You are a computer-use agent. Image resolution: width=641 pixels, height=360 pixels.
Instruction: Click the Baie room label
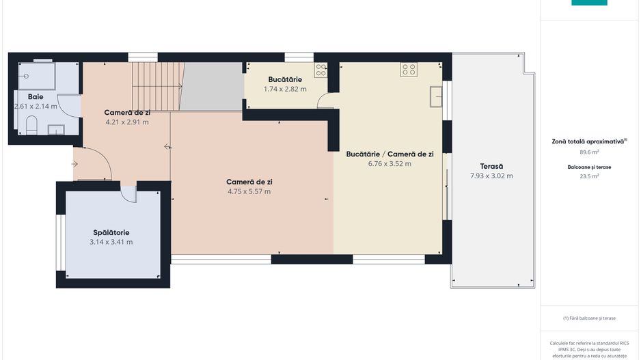tap(36, 97)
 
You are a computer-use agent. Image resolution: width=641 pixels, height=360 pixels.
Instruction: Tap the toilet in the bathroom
tap(31, 125)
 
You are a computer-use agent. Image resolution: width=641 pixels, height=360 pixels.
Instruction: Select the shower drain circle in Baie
tap(26, 76)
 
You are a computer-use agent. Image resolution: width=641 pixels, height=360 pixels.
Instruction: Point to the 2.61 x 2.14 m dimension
tap(36, 107)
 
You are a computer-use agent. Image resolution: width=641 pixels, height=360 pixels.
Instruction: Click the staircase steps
tap(158, 86)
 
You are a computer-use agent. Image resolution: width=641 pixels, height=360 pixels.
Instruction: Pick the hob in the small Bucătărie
tap(321, 70)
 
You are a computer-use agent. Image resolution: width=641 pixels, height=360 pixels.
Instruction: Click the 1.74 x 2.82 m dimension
tap(285, 89)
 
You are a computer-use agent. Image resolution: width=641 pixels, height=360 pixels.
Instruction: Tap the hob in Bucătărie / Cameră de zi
tap(409, 70)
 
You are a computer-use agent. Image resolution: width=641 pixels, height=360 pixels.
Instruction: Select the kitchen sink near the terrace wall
tap(436, 97)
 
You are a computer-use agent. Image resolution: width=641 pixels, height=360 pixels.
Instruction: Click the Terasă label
tap(491, 166)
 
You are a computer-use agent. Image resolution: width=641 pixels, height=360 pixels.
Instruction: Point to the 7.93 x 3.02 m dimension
tap(491, 176)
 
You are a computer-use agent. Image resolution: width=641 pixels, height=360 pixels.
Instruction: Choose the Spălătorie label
tap(111, 232)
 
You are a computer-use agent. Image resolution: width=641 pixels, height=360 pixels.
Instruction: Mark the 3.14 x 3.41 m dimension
tap(111, 242)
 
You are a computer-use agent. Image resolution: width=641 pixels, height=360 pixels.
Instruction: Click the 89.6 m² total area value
tap(589, 152)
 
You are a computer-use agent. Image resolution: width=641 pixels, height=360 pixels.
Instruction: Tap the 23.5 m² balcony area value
tap(589, 176)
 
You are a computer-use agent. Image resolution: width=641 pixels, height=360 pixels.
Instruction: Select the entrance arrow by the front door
tap(74, 164)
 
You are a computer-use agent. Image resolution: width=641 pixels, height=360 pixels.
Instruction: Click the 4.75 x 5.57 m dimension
tap(249, 192)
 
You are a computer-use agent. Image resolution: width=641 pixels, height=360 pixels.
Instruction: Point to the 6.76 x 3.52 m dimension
tap(390, 164)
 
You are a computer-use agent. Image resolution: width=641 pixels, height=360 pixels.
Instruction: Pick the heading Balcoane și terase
tap(589, 167)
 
